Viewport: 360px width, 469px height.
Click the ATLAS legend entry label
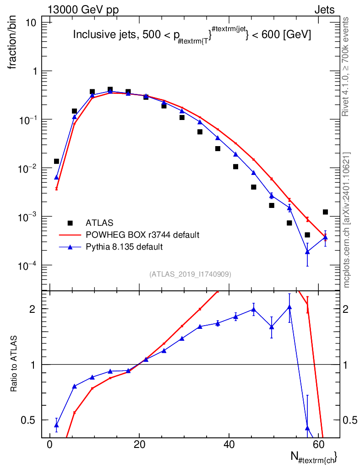[99, 223]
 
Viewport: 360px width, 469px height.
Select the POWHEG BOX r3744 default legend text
[142, 235]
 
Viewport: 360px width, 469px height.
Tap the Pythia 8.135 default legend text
[124, 247]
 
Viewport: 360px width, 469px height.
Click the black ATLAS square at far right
[325, 212]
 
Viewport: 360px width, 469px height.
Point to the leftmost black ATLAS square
[56, 162]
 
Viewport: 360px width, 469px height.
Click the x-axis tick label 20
[139, 444]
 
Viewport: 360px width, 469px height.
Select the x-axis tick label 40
[229, 444]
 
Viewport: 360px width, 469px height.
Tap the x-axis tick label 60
[319, 444]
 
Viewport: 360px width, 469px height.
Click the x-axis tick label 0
[49, 444]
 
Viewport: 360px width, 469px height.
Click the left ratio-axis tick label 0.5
[28, 420]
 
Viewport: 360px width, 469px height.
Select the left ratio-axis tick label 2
[33, 309]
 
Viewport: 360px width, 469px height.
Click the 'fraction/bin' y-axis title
[12, 43]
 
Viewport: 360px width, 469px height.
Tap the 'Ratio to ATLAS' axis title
[13, 363]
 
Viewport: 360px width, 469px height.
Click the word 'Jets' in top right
[324, 10]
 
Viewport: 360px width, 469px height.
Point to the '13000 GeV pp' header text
[83, 10]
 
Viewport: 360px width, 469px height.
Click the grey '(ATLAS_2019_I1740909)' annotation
[190, 274]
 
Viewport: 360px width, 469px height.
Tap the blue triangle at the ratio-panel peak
[289, 307]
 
